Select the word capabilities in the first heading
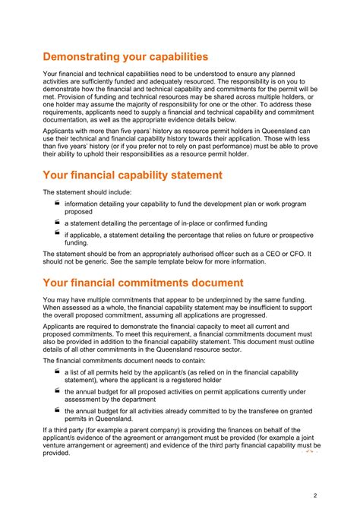(x=172, y=56)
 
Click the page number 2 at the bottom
(x=315, y=495)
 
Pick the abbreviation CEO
(x=265, y=254)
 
